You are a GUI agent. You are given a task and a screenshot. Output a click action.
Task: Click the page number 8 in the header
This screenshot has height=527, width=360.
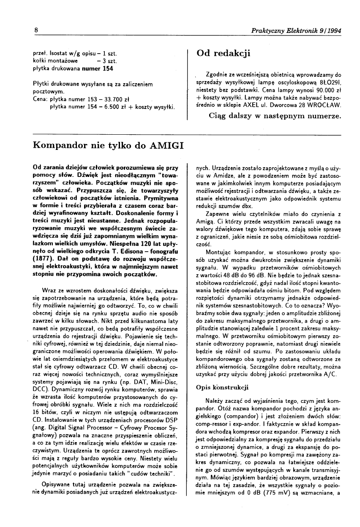tap(36, 31)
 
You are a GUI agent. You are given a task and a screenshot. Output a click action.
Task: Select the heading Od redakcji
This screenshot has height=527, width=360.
tap(224, 53)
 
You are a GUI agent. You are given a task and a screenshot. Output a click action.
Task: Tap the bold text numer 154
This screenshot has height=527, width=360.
tap(98, 68)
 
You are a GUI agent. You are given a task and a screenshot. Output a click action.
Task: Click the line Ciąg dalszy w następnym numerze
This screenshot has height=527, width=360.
tap(275, 116)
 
